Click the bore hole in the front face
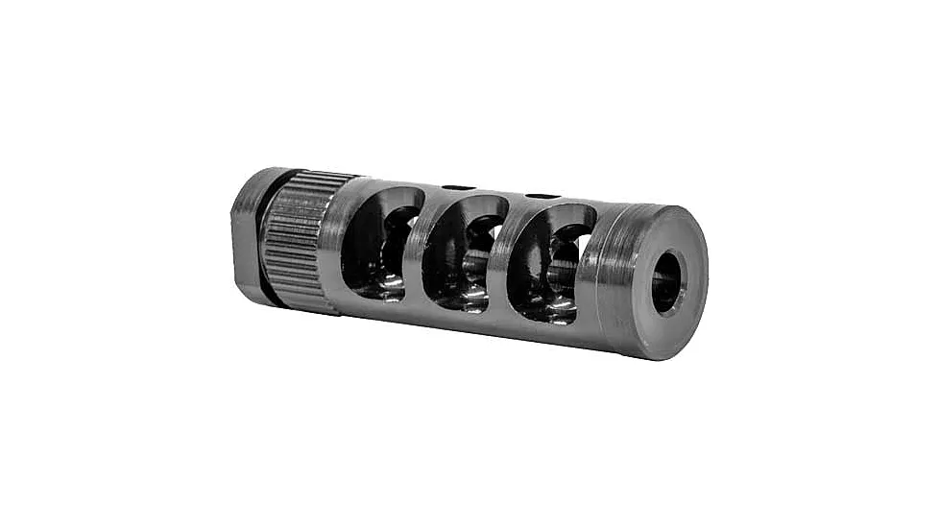pyautogui.click(x=668, y=282)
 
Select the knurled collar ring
pyautogui.click(x=299, y=239)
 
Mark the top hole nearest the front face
pyautogui.click(x=542, y=197)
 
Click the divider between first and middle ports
pyautogui.click(x=415, y=252)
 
